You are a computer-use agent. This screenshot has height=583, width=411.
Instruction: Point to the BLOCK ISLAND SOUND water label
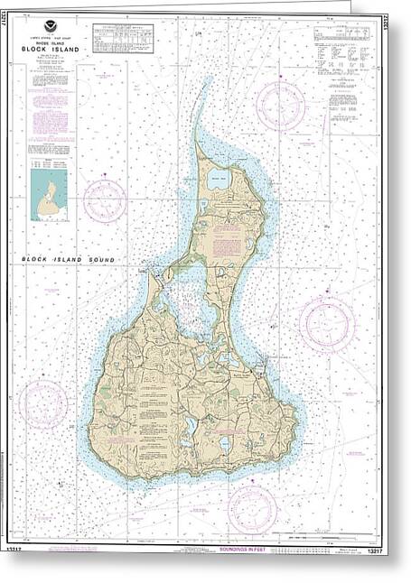69,260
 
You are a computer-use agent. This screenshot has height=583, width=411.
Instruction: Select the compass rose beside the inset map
106,200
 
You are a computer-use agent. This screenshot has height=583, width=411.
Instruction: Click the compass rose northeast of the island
280,106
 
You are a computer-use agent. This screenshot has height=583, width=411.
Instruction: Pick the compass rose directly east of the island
326,324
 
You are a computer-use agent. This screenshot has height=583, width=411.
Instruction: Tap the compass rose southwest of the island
43,404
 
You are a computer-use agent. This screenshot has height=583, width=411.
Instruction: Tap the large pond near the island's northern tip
220,179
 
